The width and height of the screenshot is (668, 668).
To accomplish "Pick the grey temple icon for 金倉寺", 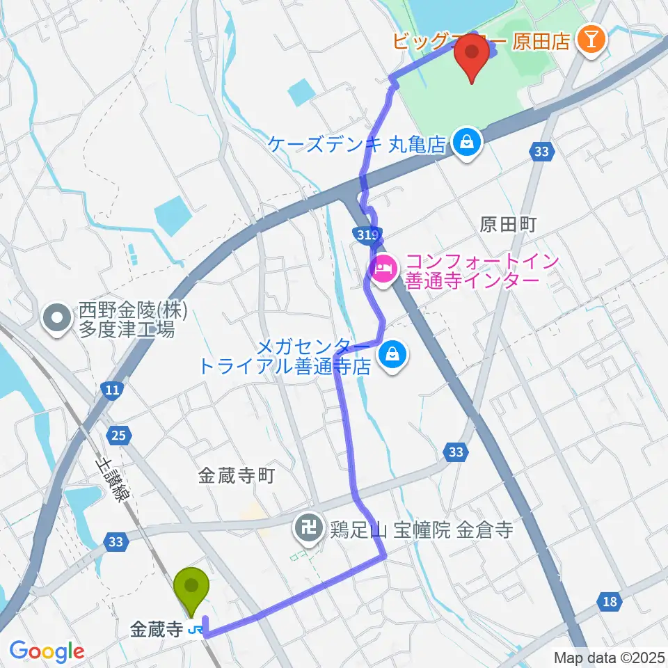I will [306, 530].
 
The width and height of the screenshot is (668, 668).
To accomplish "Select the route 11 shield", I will [111, 392].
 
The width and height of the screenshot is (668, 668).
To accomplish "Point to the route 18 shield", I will [610, 601].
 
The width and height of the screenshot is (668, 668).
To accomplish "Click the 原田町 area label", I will [510, 224].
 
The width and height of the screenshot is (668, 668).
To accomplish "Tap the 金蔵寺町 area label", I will [237, 476].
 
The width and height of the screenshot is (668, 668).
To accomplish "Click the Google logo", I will [47, 651].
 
